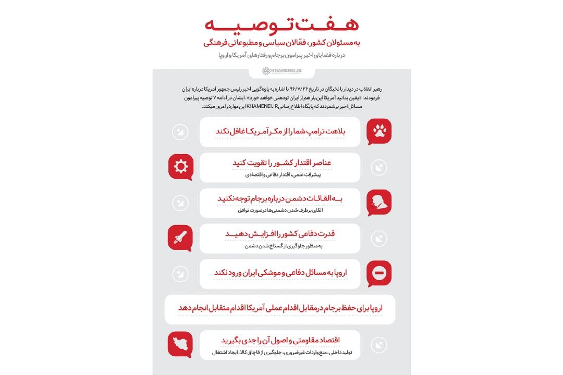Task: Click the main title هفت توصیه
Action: [281, 24]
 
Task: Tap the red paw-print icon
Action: [379, 131]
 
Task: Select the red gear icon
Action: [181, 167]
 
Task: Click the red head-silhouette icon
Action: [379, 202]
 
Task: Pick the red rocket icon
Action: [181, 238]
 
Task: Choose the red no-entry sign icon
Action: [379, 273]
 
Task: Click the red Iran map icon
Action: [181, 344]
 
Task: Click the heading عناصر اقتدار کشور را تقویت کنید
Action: [282, 163]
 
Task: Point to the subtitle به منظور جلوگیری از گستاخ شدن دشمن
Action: [295, 246]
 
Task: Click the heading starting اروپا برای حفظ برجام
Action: [280, 308]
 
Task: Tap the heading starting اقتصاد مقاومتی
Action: [280, 340]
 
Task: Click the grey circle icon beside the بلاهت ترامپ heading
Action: [180, 132]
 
